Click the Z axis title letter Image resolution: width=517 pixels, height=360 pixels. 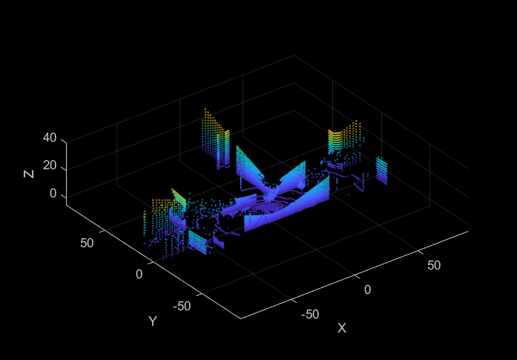[29, 173]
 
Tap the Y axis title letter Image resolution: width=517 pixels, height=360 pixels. [152, 321]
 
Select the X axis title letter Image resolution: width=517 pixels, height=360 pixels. [342, 328]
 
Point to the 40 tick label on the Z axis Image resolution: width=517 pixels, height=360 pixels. [50, 138]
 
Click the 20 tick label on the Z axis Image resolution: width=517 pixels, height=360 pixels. [50, 166]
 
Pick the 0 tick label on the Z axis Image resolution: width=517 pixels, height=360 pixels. [53, 194]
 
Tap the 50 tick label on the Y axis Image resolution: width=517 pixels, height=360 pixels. [87, 243]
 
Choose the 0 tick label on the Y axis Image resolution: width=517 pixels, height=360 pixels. [139, 274]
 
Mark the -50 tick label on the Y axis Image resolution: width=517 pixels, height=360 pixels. [182, 307]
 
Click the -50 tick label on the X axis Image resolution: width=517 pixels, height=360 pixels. [310, 315]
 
